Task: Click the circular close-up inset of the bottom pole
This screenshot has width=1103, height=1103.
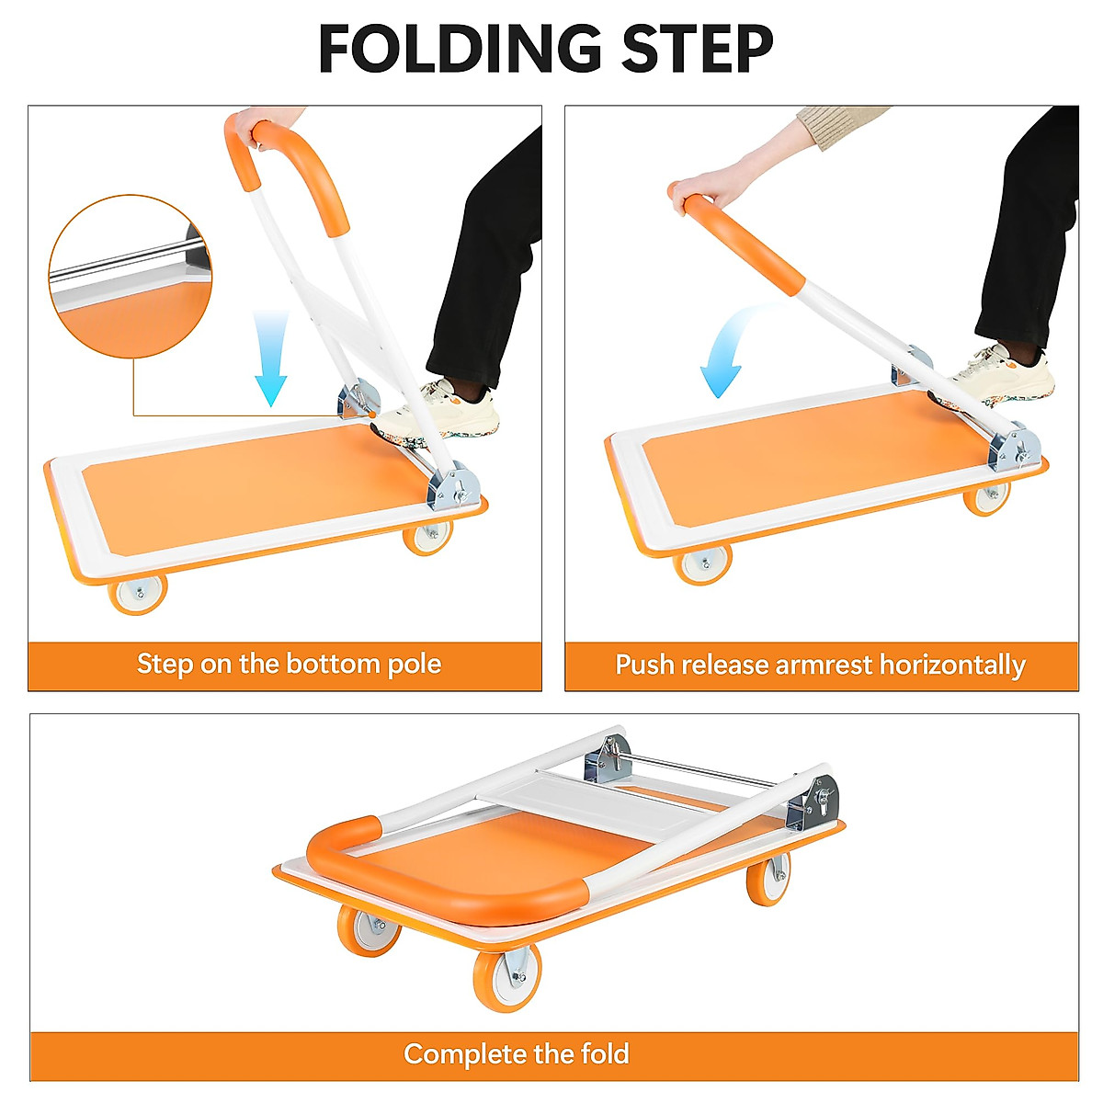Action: point(130,276)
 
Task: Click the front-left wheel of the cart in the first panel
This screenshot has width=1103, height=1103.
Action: point(139,593)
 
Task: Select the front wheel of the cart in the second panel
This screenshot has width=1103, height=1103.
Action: point(703,563)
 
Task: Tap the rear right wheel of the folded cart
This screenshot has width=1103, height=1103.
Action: point(768,881)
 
